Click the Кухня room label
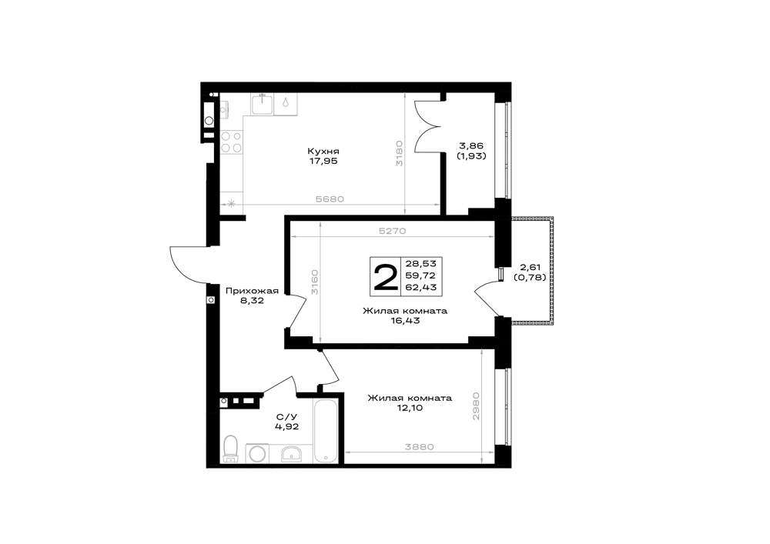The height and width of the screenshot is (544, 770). (x=323, y=151)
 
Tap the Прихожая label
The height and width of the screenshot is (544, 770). (x=252, y=291)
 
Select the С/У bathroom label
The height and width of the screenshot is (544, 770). (x=286, y=417)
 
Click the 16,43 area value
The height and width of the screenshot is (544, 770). (x=405, y=321)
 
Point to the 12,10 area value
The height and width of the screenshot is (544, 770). (x=410, y=408)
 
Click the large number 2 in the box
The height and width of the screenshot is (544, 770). (x=386, y=277)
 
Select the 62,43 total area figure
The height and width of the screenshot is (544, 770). (x=421, y=288)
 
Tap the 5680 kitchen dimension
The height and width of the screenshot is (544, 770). (x=330, y=199)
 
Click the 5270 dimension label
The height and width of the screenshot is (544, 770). (x=392, y=231)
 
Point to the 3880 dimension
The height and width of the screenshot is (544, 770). (x=420, y=447)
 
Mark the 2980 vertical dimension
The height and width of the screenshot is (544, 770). (x=475, y=405)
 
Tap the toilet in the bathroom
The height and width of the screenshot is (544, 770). (x=229, y=449)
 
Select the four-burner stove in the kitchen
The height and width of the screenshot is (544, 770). (x=231, y=142)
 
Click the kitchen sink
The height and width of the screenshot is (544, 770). (x=263, y=104)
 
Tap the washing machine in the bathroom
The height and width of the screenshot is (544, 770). (x=256, y=453)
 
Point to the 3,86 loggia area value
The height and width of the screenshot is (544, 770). (x=471, y=145)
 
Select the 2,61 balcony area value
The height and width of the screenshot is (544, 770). (x=530, y=268)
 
